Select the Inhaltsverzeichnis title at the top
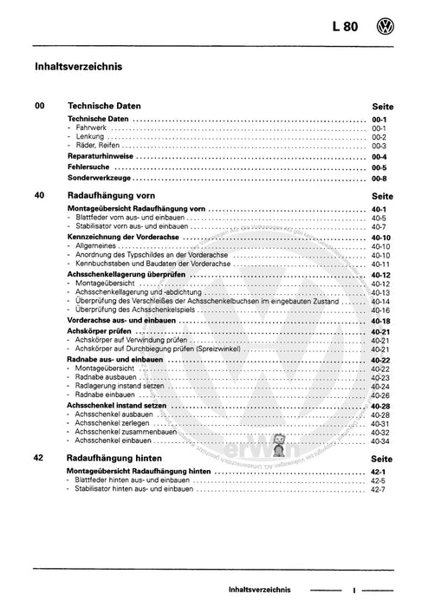point(78,65)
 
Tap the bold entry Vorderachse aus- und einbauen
point(126,320)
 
